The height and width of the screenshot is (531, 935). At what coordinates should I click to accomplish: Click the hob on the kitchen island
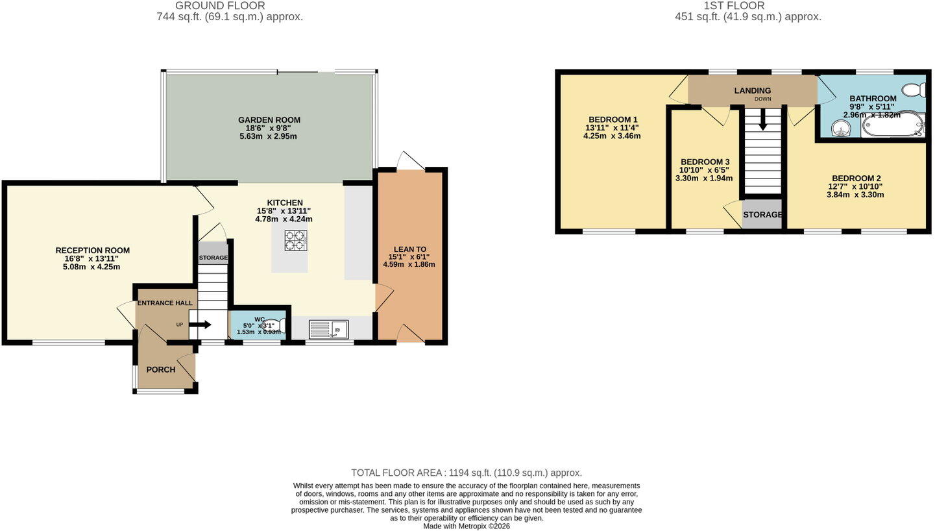click(296, 241)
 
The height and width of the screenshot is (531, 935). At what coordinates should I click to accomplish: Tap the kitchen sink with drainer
click(328, 329)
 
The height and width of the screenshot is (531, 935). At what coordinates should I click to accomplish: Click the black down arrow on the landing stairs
click(762, 119)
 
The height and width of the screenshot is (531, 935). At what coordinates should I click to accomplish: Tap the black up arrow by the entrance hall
click(202, 325)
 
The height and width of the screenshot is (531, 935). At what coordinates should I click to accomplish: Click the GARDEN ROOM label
click(269, 120)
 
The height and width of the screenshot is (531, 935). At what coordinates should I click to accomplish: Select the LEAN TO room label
click(410, 249)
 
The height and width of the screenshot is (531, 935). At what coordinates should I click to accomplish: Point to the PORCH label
click(161, 370)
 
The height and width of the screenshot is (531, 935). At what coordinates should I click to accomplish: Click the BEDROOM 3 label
click(705, 162)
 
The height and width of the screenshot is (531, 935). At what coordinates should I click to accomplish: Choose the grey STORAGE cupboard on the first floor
click(762, 214)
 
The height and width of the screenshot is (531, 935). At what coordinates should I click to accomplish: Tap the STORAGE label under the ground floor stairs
click(213, 258)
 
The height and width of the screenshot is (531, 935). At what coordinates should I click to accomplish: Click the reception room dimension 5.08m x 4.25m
click(92, 267)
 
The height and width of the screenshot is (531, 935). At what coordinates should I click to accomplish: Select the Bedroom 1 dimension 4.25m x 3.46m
click(612, 136)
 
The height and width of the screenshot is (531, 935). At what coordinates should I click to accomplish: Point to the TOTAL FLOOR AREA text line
click(467, 473)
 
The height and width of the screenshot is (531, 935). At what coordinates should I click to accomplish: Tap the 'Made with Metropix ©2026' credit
click(467, 526)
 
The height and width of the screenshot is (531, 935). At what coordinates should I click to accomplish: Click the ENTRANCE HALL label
click(165, 303)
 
